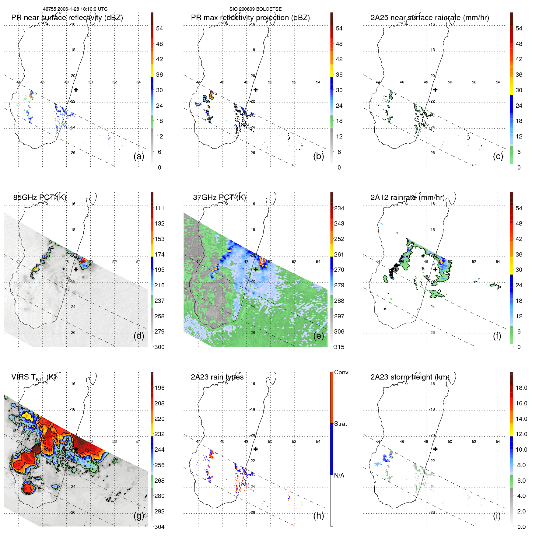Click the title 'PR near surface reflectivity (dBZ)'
67,18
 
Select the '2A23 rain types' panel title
217,377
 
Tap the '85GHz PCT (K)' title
40,198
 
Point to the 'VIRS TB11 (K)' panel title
33,377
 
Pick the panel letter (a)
139,156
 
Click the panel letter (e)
319,336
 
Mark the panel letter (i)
497,516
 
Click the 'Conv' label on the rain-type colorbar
341,373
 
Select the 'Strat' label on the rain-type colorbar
341,424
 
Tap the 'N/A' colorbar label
339,475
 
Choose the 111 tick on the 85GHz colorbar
159,208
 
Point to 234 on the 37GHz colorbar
339,208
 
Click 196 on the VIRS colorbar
159,388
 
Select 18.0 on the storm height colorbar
521,388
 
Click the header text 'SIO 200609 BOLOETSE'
255,9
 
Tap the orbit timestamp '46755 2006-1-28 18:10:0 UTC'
75,9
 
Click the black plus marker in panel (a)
76,90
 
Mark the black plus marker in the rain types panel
256,449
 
